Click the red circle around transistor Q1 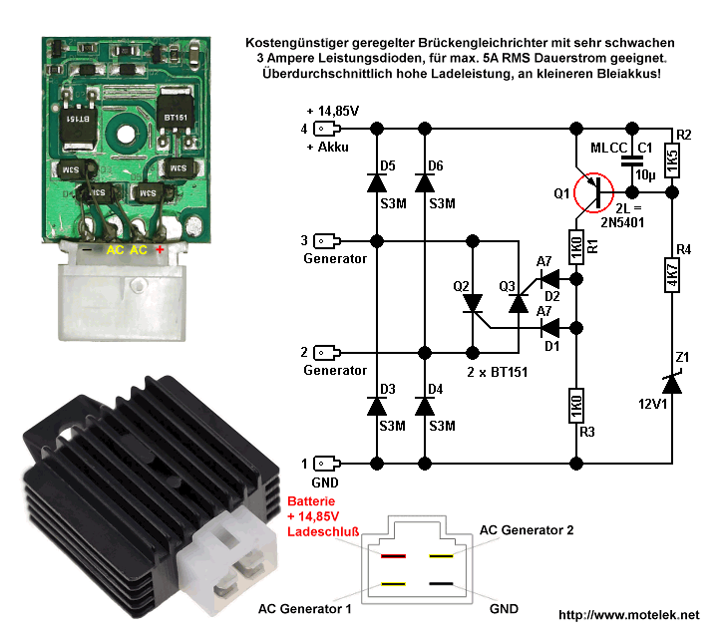click(x=596, y=191)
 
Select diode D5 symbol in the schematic click(x=377, y=182)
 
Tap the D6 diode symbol click(x=426, y=182)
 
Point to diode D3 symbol click(x=377, y=407)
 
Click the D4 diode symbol click(x=426, y=407)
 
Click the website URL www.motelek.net click(x=629, y=615)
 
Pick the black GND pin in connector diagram click(x=442, y=583)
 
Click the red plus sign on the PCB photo click(x=159, y=249)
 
